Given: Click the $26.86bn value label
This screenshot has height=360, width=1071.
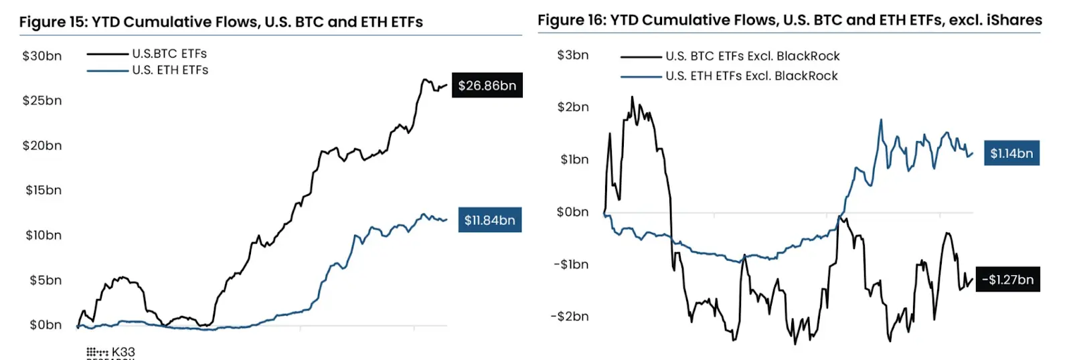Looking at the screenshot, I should tap(487, 86).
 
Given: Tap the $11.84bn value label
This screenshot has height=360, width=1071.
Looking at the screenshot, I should tap(489, 220).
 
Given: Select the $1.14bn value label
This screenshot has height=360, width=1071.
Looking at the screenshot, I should tap(1011, 153).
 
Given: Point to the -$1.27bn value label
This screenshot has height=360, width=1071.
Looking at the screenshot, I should tap(1007, 280).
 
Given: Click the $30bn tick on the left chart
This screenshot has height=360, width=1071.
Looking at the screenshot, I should tap(42, 56).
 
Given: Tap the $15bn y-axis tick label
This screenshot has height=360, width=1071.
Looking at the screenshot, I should tap(44, 190).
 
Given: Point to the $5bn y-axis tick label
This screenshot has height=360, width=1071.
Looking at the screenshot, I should tap(46, 280).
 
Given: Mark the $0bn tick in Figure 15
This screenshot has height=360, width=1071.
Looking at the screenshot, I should tap(46, 325).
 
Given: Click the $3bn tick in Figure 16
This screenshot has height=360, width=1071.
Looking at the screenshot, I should tap(573, 55).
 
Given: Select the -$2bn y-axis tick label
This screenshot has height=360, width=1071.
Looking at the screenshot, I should tap(570, 317).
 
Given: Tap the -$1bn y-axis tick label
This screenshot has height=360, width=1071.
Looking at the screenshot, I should tap(571, 264).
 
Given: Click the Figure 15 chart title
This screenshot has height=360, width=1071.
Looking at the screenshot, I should tap(221, 22).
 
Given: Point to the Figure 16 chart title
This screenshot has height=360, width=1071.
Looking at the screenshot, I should tap(789, 20).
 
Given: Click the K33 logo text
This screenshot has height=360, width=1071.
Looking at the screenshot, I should tap(123, 352).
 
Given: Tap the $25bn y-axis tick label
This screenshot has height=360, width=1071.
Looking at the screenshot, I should tap(42, 101).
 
